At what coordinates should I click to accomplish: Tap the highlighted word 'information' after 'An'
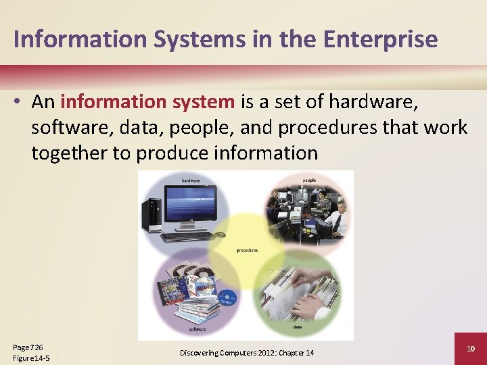click(112, 102)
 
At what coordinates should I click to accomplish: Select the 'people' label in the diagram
click(309, 180)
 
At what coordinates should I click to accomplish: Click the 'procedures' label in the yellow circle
click(247, 251)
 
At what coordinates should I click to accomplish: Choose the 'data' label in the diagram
click(298, 327)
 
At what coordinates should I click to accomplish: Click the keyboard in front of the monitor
click(185, 237)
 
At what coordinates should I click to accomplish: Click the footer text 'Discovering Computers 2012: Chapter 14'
click(246, 353)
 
